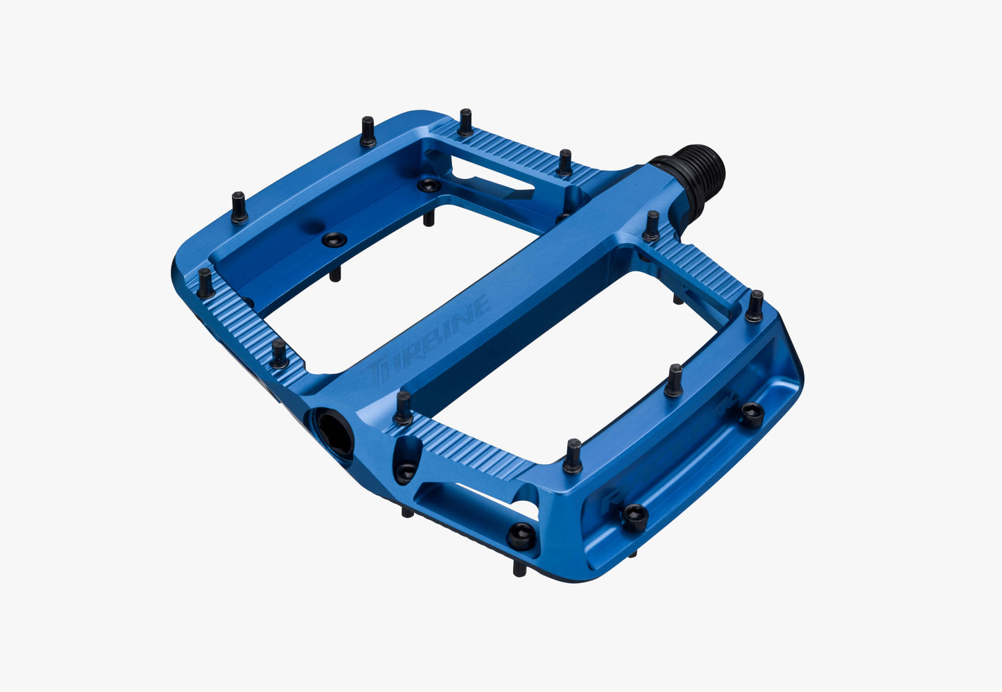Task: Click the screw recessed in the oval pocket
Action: tap(406, 472)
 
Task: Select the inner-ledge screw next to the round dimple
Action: tap(335, 240)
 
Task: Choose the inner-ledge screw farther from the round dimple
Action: tap(429, 186)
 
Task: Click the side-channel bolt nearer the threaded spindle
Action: tap(752, 414)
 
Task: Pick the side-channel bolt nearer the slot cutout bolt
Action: tap(634, 516)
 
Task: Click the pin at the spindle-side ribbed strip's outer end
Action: tap(754, 307)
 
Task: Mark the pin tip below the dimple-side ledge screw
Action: tap(336, 275)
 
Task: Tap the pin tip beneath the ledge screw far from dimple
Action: tap(429, 219)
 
